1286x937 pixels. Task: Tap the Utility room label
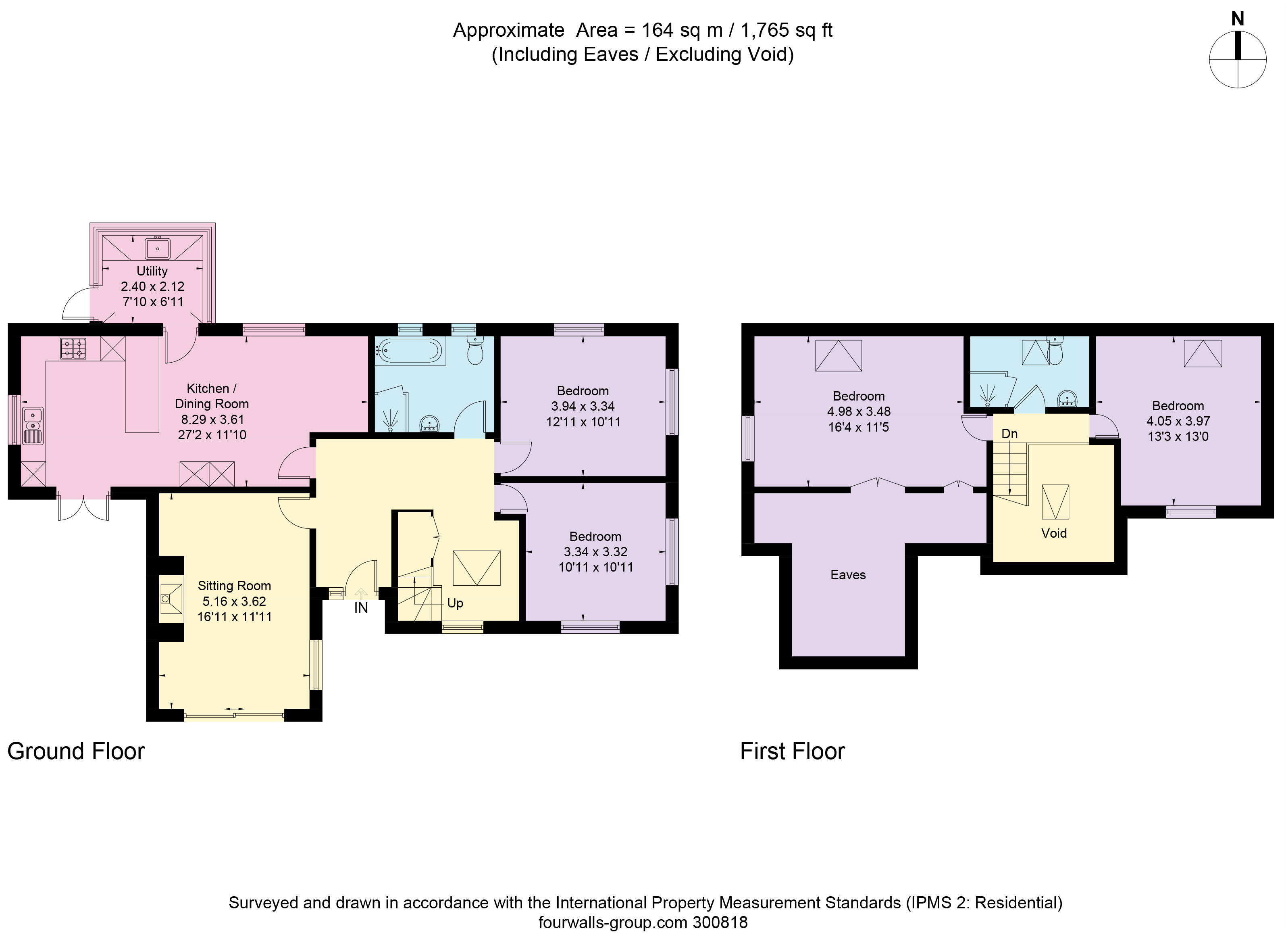[x=152, y=271]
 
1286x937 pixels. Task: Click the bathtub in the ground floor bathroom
[x=410, y=351]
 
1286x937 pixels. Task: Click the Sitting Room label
[x=234, y=586]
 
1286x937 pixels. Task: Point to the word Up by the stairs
[x=455, y=603]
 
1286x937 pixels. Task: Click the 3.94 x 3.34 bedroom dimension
[x=583, y=406]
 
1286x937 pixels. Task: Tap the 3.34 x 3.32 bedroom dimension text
[x=595, y=551]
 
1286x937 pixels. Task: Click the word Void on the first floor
[x=1053, y=533]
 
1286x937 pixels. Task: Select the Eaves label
[x=848, y=574]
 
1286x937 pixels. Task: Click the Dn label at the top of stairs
[x=1009, y=434]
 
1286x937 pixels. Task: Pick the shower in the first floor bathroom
[x=988, y=391]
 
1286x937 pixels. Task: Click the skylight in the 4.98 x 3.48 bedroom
[x=838, y=356]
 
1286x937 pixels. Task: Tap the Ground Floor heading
[x=76, y=751]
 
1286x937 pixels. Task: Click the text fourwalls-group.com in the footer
[x=612, y=922]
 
